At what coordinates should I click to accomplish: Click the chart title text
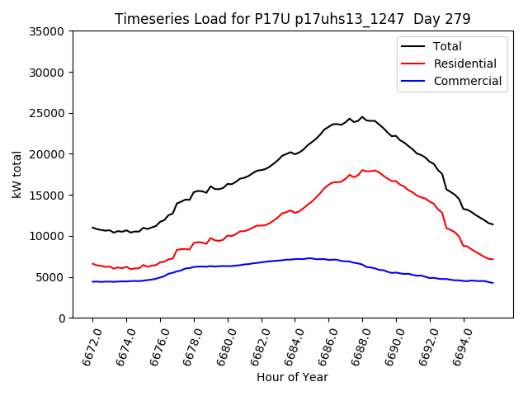292,19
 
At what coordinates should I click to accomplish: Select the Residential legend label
465,64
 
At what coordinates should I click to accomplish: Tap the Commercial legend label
468,81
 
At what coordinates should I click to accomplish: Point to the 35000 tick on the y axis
48,31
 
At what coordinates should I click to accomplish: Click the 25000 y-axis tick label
48,113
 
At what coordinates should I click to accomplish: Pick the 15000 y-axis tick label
48,196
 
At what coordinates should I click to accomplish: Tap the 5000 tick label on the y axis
51,277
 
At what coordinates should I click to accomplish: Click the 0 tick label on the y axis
62,318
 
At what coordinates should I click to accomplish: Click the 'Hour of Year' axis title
292,377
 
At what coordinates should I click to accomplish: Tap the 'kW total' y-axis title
17,175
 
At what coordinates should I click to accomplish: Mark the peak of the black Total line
362,117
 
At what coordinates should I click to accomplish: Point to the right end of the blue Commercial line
493,283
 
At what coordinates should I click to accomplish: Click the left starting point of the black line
92,228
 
